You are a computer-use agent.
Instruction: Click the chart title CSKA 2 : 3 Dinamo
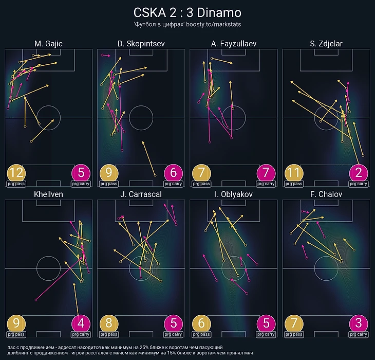coord(187,12)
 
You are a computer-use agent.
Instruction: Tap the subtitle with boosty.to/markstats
coord(187,24)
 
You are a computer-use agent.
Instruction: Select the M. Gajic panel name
coord(48,44)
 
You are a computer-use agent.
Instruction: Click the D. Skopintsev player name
coord(141,44)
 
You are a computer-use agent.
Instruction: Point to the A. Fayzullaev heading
coord(233,44)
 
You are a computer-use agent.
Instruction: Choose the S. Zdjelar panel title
coord(326,44)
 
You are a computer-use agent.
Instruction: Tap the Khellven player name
coord(48,195)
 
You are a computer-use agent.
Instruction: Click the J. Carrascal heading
coord(141,195)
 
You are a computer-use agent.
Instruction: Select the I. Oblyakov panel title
coord(233,195)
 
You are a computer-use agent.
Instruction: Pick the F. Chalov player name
coord(326,195)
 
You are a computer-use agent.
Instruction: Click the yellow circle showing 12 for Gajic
coord(16,173)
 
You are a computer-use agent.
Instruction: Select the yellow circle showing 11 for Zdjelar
coord(293,173)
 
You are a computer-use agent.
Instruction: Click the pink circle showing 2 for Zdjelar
coord(359,173)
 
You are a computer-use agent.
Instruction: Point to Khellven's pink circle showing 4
coord(81,324)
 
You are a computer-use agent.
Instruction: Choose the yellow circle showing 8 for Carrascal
coord(108,324)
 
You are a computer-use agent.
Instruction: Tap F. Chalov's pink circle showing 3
coord(359,324)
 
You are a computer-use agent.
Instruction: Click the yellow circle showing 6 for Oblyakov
coord(201,324)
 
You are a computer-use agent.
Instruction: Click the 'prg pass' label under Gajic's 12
coord(16,184)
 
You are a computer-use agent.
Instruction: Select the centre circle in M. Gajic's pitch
coord(48,118)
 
